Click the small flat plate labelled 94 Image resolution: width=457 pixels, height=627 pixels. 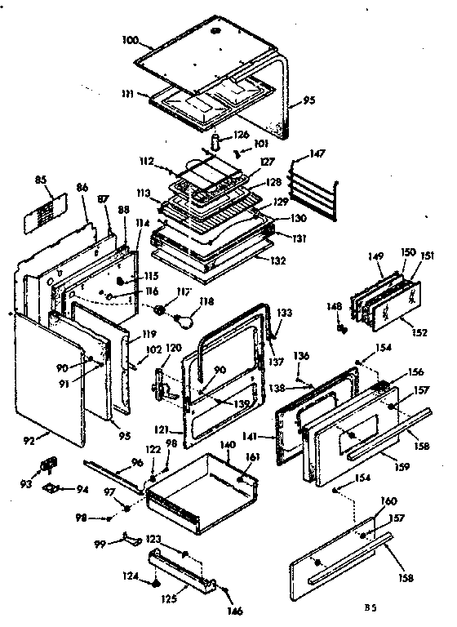pos(57,489)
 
